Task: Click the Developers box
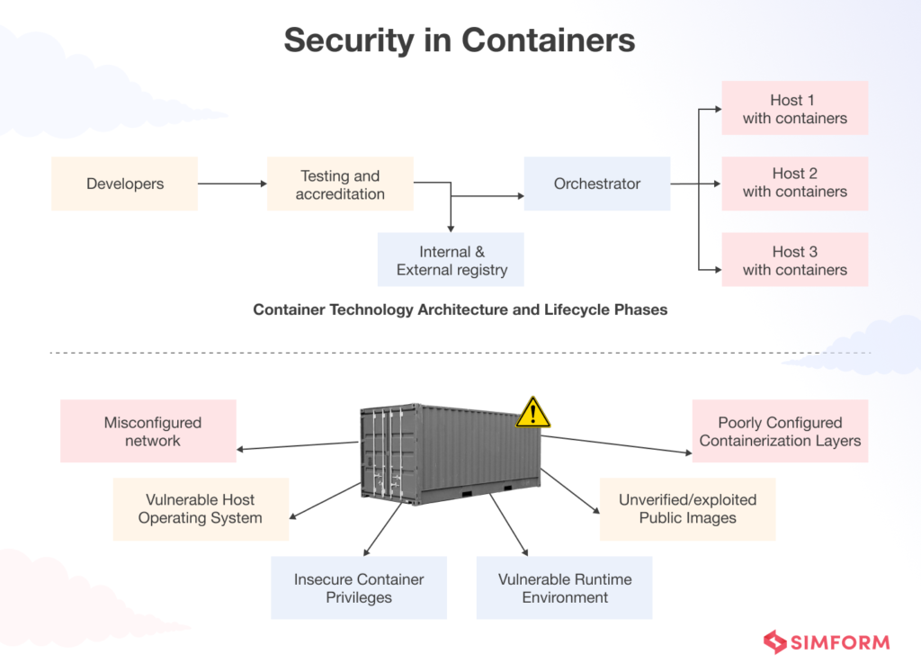pyautogui.click(x=124, y=184)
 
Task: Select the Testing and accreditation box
pyautogui.click(x=340, y=184)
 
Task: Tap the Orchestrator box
pyautogui.click(x=596, y=184)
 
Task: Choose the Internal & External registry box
pyautogui.click(x=451, y=260)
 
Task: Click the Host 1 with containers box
pyautogui.click(x=794, y=108)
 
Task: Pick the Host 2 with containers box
pyautogui.click(x=794, y=184)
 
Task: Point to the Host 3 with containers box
pyautogui.click(x=794, y=260)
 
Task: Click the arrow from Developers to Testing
pyautogui.click(x=232, y=184)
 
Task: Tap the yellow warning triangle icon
pyautogui.click(x=532, y=412)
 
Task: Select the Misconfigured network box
pyautogui.click(x=148, y=431)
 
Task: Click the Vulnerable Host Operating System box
pyautogui.click(x=200, y=508)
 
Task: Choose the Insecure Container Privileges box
pyautogui.click(x=358, y=587)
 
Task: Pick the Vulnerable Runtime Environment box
pyautogui.click(x=564, y=587)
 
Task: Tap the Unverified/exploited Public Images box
pyautogui.click(x=687, y=508)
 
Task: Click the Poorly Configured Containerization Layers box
pyautogui.click(x=780, y=431)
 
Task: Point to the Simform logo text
pyautogui.click(x=838, y=642)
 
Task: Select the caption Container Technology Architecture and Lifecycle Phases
pyautogui.click(x=460, y=309)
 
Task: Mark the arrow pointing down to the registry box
pyautogui.click(x=451, y=216)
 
